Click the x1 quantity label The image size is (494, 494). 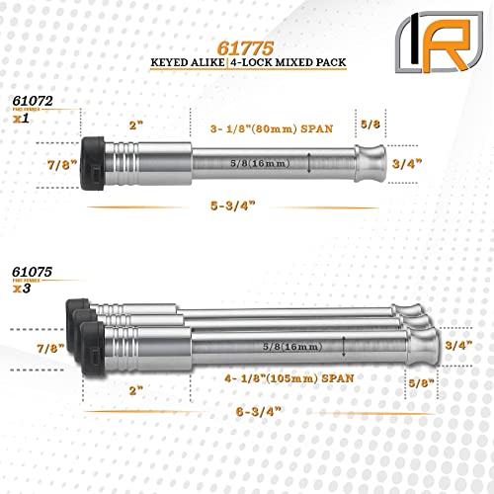(22, 118)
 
